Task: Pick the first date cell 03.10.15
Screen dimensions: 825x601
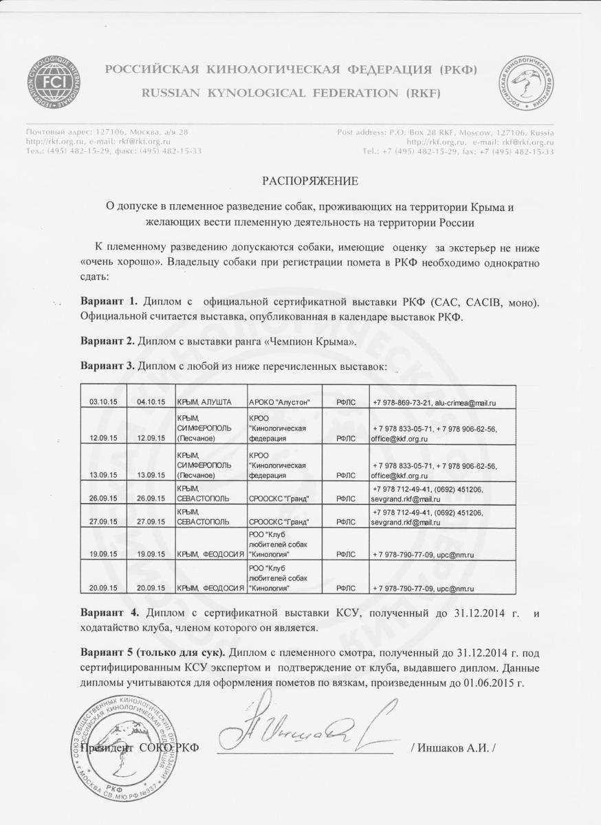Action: (104, 401)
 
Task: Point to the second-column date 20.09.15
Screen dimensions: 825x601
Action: (151, 588)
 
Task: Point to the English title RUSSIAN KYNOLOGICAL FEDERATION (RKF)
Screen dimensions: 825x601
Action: (292, 92)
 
